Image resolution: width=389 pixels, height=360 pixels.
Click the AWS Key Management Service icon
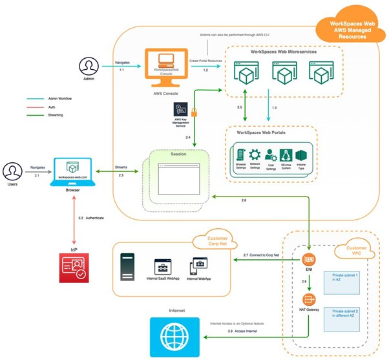[x=182, y=110]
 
